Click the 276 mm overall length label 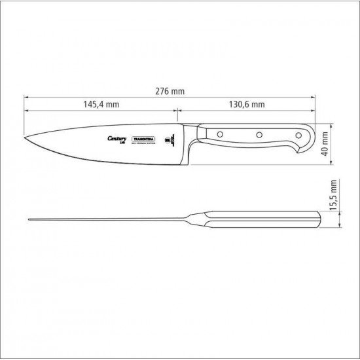[x=173, y=91]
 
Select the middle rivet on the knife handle [x=259, y=135]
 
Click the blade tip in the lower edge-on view [x=29, y=219]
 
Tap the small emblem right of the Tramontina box [x=168, y=140]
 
